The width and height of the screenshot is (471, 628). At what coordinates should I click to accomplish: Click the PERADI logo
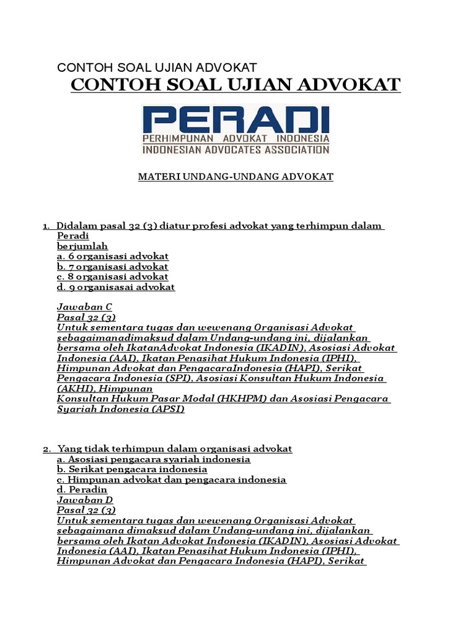coord(236,129)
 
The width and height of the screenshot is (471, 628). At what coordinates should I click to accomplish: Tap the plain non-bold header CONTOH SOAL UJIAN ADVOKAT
coord(156,67)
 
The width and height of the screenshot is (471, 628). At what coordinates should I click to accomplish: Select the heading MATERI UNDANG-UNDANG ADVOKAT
coord(235,177)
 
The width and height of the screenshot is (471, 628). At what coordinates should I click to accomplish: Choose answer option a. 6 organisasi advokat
coord(113,256)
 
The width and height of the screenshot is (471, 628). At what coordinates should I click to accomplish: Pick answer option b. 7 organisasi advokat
coord(113,267)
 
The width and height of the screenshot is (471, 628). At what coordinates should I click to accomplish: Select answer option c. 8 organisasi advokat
coord(113,277)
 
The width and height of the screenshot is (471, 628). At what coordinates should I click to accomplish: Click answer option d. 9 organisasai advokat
coord(116,287)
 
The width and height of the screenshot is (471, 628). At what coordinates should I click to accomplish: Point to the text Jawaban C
coord(85,307)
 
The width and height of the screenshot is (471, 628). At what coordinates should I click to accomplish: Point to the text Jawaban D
coord(85,500)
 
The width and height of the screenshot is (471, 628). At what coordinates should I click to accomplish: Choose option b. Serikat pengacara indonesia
coord(132,469)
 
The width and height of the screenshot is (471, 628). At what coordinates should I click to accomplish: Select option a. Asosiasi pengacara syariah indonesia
coord(153,459)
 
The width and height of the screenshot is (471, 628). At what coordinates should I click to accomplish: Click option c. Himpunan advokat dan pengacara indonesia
coord(172,480)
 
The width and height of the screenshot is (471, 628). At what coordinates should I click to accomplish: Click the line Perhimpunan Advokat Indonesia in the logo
coord(236,139)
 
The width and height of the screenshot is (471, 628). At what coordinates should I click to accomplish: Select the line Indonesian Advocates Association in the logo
coord(236,149)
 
